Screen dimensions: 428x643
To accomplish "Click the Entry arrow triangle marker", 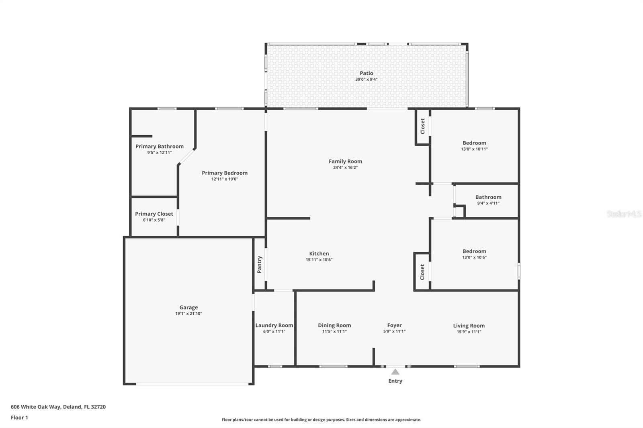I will pyautogui.click(x=395, y=372).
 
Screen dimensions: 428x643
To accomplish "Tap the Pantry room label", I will pyautogui.click(x=260, y=265).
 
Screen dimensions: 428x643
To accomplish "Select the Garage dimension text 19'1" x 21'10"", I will pyautogui.click(x=188, y=314).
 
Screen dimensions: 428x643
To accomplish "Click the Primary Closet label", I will pyautogui.click(x=154, y=214).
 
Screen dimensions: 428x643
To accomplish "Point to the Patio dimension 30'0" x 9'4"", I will pyautogui.click(x=366, y=79).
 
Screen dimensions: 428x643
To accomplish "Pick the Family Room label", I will pyautogui.click(x=345, y=161).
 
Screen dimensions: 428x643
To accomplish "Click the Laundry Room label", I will pyautogui.click(x=274, y=325).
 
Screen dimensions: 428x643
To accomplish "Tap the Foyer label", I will pyautogui.click(x=394, y=325).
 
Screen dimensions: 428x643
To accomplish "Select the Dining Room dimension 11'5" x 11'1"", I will pyautogui.click(x=334, y=332).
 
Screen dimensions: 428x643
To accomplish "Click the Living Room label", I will pyautogui.click(x=469, y=326).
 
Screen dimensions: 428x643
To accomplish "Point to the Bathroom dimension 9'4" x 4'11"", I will pyautogui.click(x=488, y=203).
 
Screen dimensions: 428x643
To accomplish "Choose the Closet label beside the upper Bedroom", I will pyautogui.click(x=423, y=126).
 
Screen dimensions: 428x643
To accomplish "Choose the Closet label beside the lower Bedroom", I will pyautogui.click(x=422, y=272).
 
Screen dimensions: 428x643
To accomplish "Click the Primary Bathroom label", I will pyautogui.click(x=159, y=147).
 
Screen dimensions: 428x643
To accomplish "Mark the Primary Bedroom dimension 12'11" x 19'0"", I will pyautogui.click(x=225, y=179).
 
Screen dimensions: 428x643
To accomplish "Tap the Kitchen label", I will pyautogui.click(x=319, y=254).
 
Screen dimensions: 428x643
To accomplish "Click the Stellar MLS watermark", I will pyautogui.click(x=624, y=214).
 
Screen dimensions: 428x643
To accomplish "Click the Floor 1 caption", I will pyautogui.click(x=19, y=418).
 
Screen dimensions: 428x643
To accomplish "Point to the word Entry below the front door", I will pyautogui.click(x=395, y=381).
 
